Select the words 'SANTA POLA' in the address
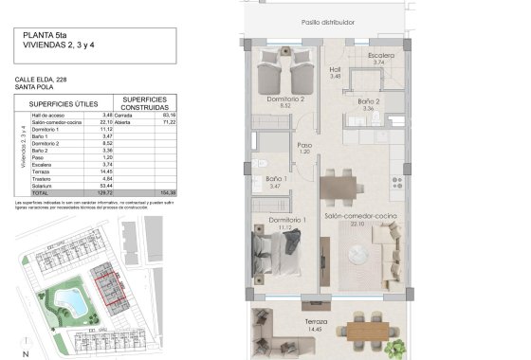34,86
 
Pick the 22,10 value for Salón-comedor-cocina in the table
105,122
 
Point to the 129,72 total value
104,192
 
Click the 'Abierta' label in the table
123,122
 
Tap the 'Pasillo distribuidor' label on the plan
327,21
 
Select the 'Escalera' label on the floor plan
380,55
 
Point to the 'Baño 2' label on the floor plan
369,101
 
